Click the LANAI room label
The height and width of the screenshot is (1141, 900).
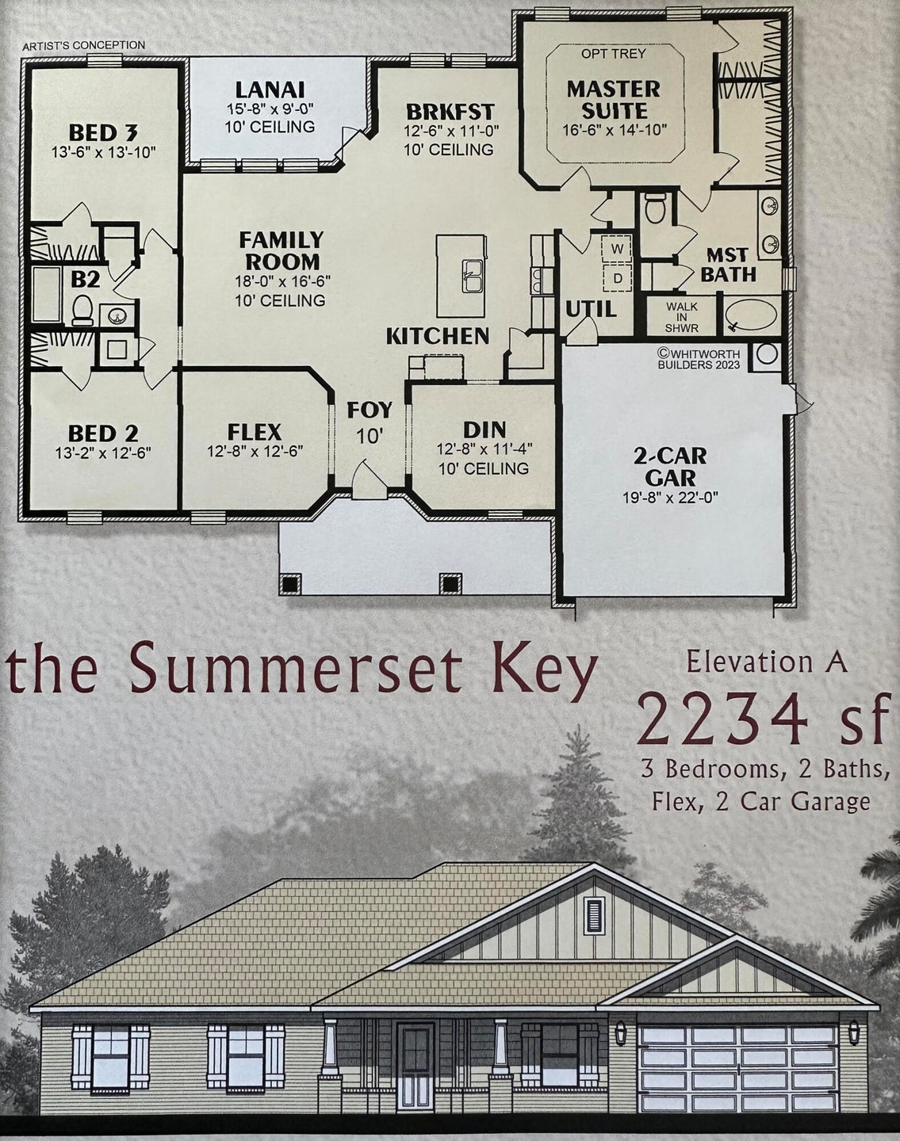(270, 90)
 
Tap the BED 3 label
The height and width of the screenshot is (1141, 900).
(103, 132)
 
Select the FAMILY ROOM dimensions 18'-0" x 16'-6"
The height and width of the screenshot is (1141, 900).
(281, 280)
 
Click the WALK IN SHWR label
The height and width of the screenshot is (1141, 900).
(681, 316)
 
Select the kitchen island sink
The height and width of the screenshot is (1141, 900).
(471, 277)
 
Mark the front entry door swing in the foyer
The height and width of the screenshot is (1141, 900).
(366, 481)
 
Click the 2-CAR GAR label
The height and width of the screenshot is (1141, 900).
(670, 467)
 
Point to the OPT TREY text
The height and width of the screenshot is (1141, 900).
(613, 54)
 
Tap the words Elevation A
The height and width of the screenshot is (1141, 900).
(766, 662)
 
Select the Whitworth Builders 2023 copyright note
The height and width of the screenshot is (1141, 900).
(699, 359)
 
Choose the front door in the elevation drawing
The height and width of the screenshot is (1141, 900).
(416, 1057)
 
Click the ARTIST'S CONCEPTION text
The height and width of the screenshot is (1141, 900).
(83, 46)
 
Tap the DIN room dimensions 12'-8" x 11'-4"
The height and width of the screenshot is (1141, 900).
(484, 448)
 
